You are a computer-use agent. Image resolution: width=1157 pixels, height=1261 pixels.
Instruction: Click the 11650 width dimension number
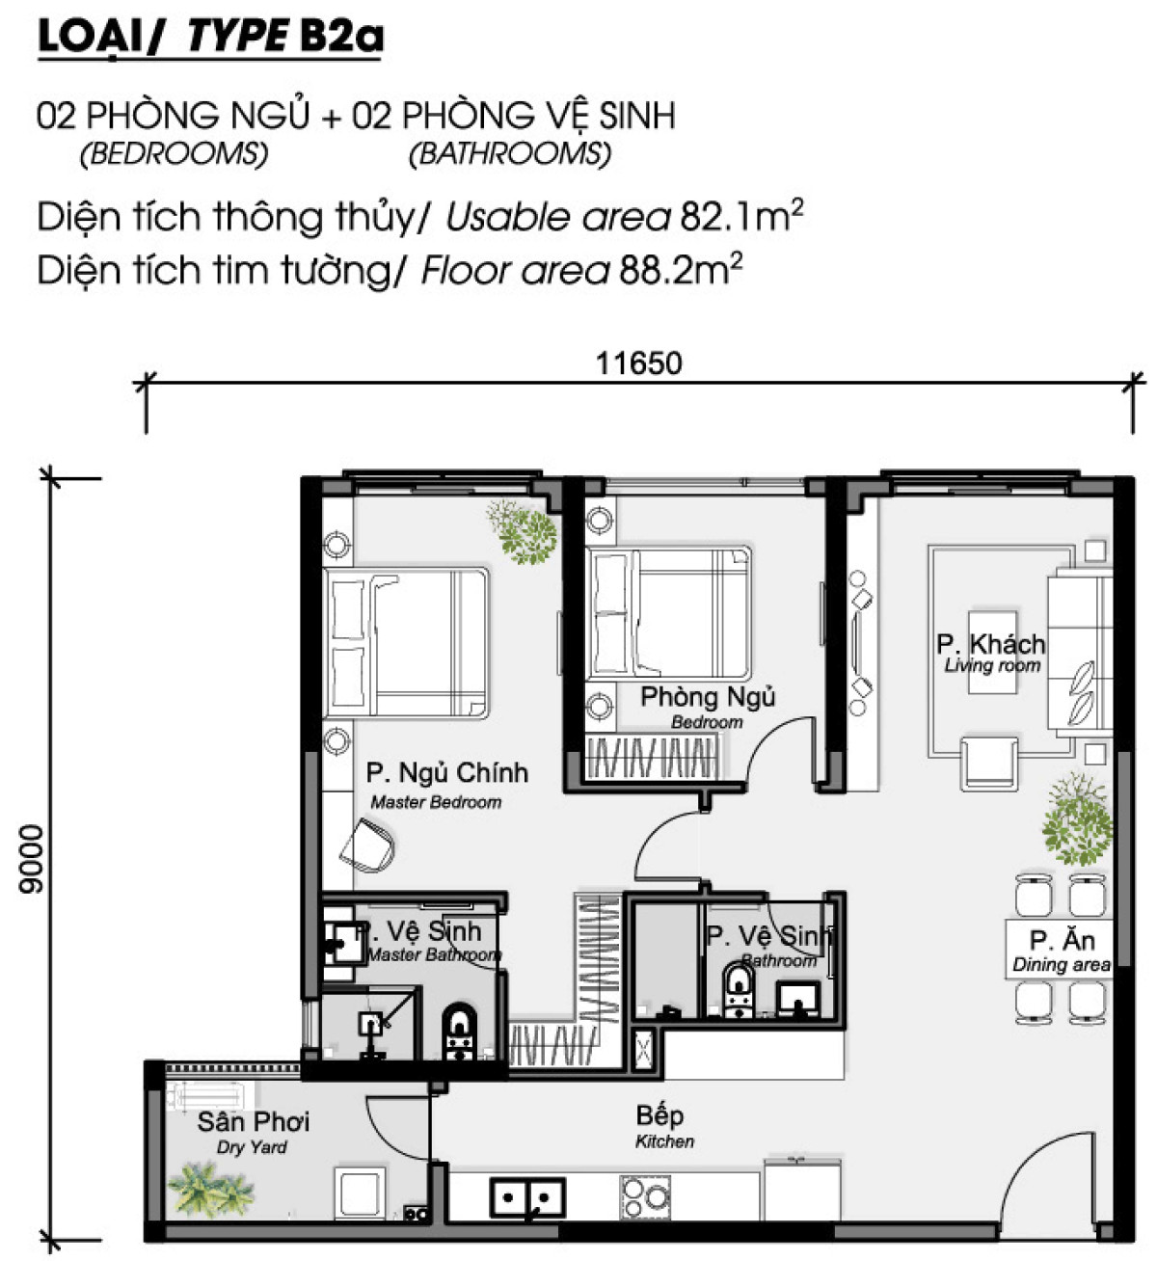(638, 363)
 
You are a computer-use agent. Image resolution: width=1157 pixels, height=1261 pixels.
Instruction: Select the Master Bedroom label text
(436, 802)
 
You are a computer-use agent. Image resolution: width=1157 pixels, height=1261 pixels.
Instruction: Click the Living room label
(992, 665)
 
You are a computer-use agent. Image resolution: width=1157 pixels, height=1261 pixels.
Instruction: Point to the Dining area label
(1061, 965)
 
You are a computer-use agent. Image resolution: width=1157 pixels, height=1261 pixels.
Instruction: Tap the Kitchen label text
(664, 1141)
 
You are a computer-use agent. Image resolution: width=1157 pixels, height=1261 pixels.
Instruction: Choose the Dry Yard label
(252, 1147)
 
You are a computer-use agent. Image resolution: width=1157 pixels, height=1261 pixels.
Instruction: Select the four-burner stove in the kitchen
(645, 1197)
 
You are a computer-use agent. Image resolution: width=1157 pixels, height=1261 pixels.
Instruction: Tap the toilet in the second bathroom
(739, 991)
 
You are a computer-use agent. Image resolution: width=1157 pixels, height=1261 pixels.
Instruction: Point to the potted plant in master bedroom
(524, 531)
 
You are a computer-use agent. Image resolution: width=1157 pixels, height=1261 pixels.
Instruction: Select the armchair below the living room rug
(988, 764)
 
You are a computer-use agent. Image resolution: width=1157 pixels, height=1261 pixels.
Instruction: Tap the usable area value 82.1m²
(741, 216)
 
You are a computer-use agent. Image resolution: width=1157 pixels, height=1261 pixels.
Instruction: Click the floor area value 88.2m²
(681, 270)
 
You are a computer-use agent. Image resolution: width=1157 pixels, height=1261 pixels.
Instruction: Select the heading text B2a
(341, 36)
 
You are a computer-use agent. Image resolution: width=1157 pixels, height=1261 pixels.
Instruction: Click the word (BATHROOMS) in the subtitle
(510, 153)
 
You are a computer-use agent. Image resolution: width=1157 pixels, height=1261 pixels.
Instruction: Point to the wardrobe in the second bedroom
(651, 758)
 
